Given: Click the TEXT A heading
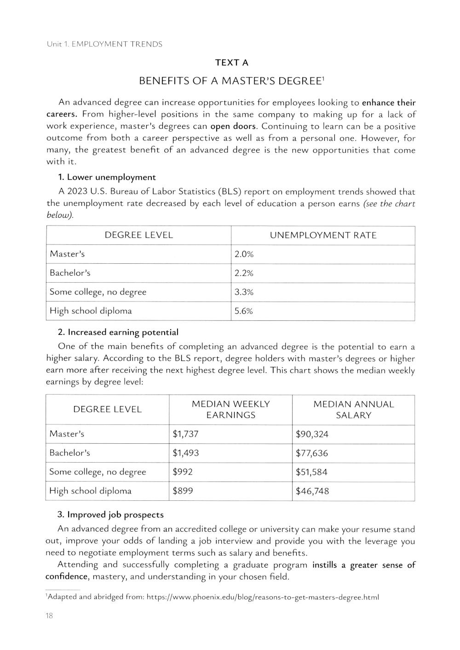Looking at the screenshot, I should tap(231, 63).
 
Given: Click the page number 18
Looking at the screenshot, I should tap(50, 616).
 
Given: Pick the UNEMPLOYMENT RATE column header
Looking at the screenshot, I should tap(323, 235).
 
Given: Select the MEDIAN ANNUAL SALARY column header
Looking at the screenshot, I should tap(353, 410).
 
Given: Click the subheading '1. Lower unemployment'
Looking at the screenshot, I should tap(107, 177).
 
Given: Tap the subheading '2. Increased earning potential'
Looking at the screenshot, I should tap(118, 332).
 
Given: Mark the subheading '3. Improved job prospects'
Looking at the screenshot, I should tap(111, 515).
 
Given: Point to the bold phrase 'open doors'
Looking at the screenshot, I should tap(233, 126).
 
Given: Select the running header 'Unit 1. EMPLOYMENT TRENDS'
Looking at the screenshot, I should tap(104, 44).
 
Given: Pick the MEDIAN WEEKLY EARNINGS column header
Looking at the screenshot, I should tap(230, 410).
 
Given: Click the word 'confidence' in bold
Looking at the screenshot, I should tap(66, 576).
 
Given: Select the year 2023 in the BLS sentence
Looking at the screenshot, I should tap(77, 192).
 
